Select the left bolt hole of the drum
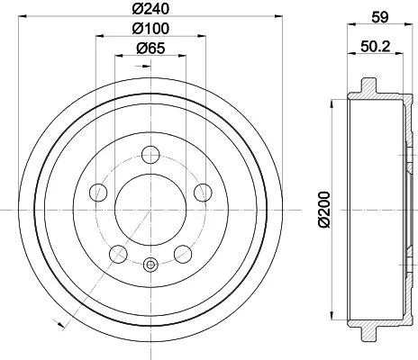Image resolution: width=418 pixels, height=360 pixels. [x=97, y=192]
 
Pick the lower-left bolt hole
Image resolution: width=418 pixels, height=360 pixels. [x=117, y=254]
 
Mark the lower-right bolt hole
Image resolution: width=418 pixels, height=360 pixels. [x=183, y=254]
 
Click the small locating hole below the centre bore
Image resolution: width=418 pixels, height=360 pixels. [x=150, y=265]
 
